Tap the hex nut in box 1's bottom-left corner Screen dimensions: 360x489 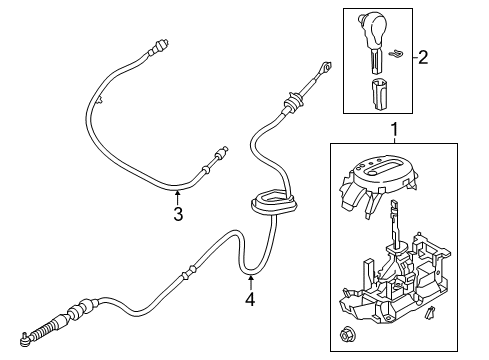pyautogui.click(x=355, y=330)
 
